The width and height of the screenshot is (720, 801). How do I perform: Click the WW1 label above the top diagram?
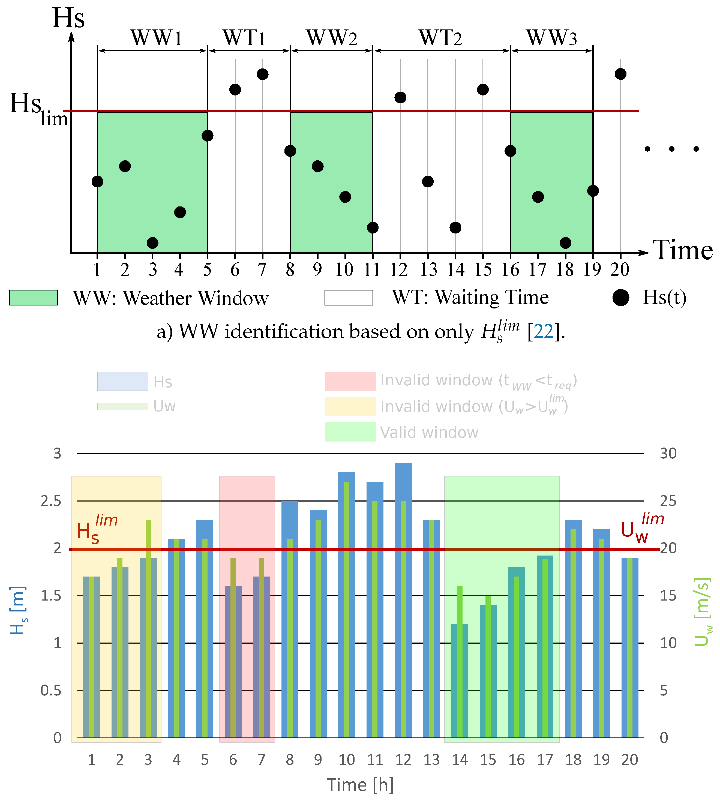click(157, 38)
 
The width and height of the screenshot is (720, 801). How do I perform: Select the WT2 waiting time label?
click(441, 38)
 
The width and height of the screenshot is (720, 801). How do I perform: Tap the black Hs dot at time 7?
click(263, 74)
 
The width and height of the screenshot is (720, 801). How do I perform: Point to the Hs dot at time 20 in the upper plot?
click(620, 74)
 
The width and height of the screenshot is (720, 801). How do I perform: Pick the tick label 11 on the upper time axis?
click(372, 270)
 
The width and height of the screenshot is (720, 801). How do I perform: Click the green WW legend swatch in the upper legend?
click(34, 298)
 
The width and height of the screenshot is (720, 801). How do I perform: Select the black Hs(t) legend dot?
click(621, 298)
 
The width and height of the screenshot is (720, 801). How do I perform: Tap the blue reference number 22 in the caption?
click(543, 331)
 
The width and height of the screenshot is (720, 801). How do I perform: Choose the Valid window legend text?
click(429, 432)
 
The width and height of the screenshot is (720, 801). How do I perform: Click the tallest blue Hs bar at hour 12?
click(403, 593)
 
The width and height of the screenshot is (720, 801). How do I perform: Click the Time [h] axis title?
click(360, 784)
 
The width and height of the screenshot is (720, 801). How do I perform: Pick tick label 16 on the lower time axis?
click(516, 760)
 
